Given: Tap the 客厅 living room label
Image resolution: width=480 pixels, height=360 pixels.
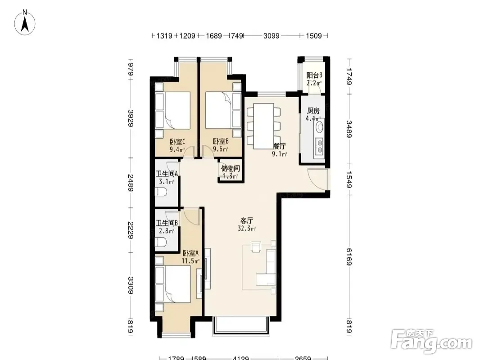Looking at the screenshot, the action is pos(247,220).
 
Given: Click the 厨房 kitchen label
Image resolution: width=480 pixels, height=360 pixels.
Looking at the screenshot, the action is pos(313,111).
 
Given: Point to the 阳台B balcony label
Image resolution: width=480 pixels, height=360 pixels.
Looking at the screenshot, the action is pos(314,75).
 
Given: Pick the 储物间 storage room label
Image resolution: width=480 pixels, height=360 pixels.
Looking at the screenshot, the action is pos(231,169).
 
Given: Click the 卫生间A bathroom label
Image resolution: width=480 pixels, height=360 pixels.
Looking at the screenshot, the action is pos(167,174).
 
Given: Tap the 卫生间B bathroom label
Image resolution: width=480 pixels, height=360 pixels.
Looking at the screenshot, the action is pos(167,223).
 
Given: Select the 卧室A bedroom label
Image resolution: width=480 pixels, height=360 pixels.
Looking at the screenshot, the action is pos(190,253).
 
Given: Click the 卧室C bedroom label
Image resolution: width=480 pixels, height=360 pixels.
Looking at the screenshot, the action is pos(177,142).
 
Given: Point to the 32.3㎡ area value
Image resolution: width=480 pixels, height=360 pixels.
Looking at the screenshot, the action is pos(247,229).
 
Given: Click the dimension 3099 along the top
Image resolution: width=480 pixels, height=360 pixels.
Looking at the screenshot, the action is pos(271,36).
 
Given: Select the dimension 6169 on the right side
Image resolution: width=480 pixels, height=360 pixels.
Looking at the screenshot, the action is pos(349,256).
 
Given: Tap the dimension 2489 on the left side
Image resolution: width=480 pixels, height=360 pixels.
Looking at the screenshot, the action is pos(131,183).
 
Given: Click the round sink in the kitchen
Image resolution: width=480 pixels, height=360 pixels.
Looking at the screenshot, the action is pos(319,127).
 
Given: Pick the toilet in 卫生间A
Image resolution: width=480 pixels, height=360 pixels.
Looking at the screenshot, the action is pos(161,192).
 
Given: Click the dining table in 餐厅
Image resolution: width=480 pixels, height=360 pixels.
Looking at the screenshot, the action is pos(263,126).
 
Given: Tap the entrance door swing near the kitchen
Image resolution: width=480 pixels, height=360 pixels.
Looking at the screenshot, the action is pos(317,179).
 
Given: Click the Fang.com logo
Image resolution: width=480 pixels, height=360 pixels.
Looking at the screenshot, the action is pos(432,341).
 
